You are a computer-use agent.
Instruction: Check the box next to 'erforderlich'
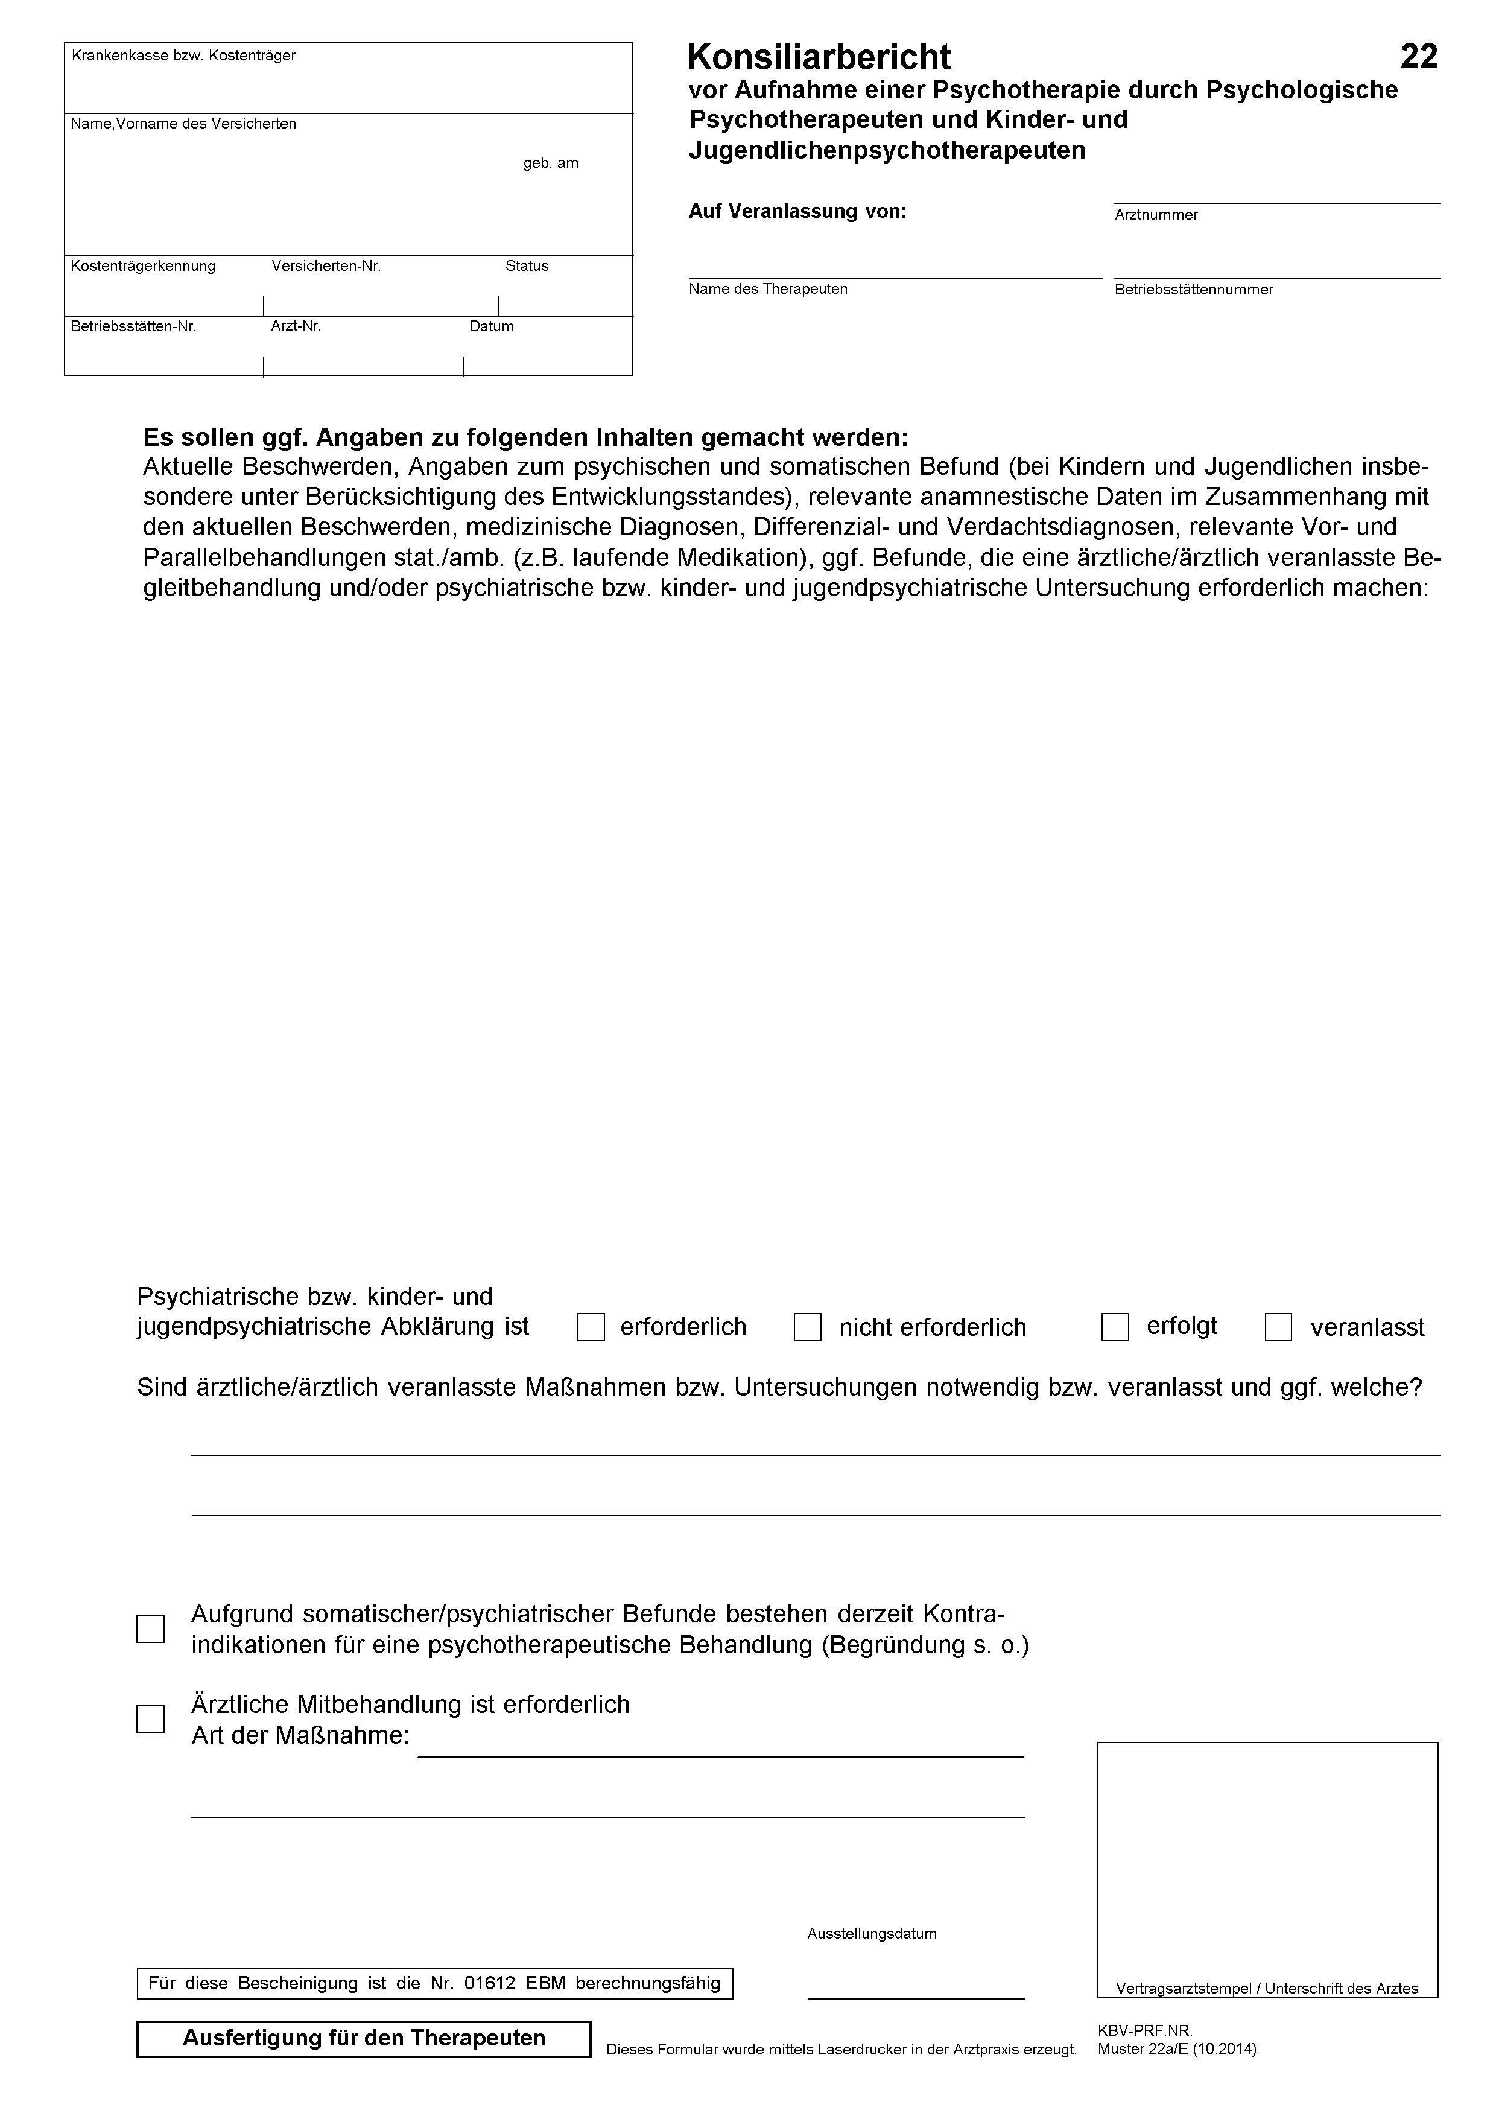coord(591,1327)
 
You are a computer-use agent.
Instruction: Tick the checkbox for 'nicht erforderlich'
coord(807,1327)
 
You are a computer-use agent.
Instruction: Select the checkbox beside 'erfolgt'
coord(1115,1327)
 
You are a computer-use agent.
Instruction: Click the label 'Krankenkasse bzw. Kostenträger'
coord(183,56)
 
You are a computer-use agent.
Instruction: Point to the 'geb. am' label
coord(551,163)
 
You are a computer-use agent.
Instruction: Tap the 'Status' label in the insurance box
coord(526,266)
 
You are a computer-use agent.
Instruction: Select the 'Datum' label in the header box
coord(491,326)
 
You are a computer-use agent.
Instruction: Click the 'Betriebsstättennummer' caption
coord(1193,290)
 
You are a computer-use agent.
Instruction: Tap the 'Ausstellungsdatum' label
coord(872,1934)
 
